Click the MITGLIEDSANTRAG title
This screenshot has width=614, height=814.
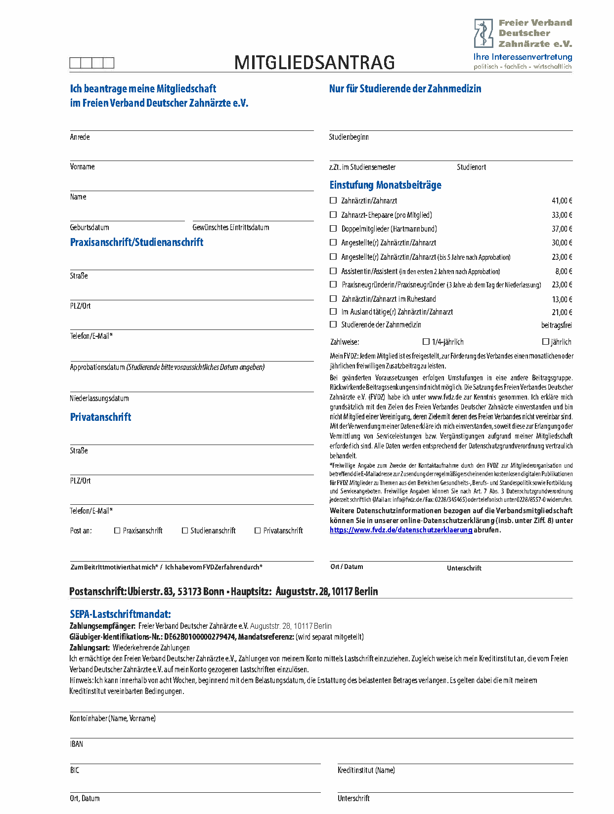[314, 63]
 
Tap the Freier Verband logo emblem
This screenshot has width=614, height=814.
[483, 33]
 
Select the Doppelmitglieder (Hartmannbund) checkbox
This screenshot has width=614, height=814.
[333, 229]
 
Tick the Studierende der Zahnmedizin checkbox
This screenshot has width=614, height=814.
[333, 325]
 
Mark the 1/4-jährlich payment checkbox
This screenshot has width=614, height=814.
[426, 341]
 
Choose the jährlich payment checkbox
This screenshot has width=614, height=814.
[546, 341]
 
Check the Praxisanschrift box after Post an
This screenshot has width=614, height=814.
[117, 530]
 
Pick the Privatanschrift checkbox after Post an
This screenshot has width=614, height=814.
[258, 530]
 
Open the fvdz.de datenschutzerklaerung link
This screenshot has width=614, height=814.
[401, 530]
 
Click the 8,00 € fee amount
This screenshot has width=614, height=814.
[564, 271]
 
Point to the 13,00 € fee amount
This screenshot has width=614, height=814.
[562, 299]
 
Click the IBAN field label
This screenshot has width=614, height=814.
[77, 744]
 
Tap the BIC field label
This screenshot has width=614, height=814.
[75, 770]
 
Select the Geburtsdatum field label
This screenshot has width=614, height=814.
[89, 227]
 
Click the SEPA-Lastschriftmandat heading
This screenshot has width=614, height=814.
[120, 614]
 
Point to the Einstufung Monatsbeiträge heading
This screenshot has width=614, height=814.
[385, 185]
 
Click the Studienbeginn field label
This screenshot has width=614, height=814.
[349, 137]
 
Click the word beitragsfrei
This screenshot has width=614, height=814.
[557, 325]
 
